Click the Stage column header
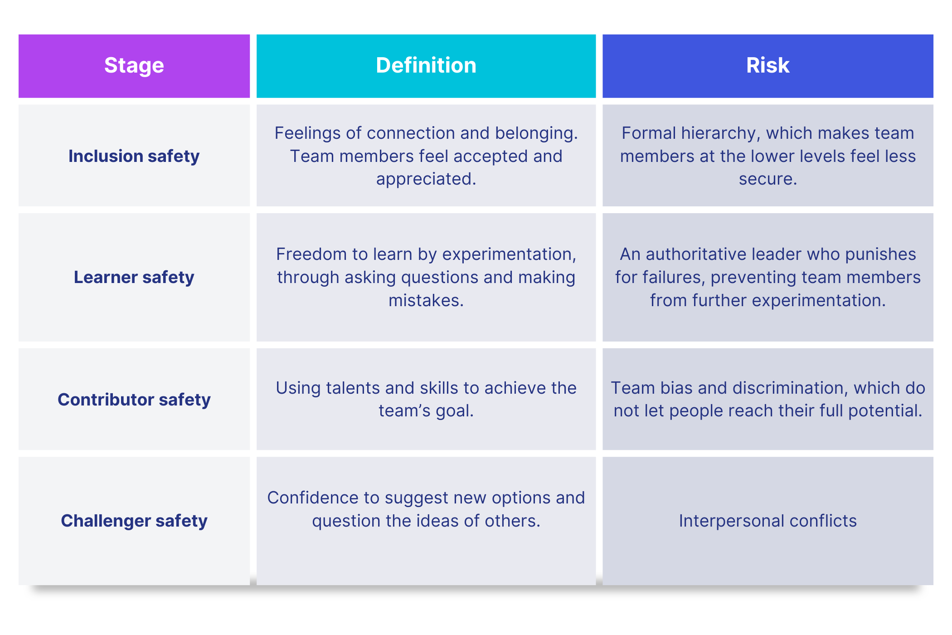[134, 66]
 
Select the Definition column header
[426, 65]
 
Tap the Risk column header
[768, 65]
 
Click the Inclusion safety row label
[134, 156]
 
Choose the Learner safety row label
[134, 278]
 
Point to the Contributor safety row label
[134, 400]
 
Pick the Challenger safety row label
[134, 521]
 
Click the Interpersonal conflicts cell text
[768, 521]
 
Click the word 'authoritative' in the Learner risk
[697, 254]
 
